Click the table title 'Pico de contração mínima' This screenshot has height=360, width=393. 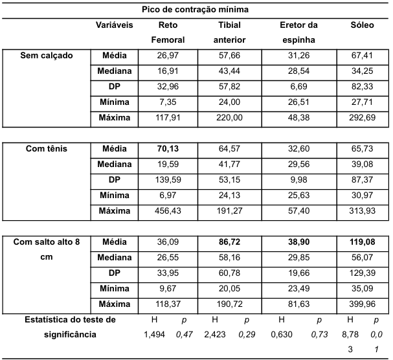pyautogui.click(x=196, y=10)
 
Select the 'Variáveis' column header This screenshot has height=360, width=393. pyautogui.click(x=115, y=25)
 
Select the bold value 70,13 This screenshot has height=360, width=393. pyautogui.click(x=168, y=149)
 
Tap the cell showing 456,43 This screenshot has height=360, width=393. pyautogui.click(x=168, y=211)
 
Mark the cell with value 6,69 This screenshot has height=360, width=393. pyautogui.click(x=298, y=87)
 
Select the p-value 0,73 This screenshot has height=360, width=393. pyautogui.click(x=317, y=334)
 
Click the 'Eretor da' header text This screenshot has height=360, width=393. pyautogui.click(x=298, y=25)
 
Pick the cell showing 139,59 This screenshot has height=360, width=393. pyautogui.click(x=168, y=180)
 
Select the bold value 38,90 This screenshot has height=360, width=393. pyautogui.click(x=298, y=242)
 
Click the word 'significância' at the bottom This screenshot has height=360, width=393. pyautogui.click(x=60, y=334)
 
